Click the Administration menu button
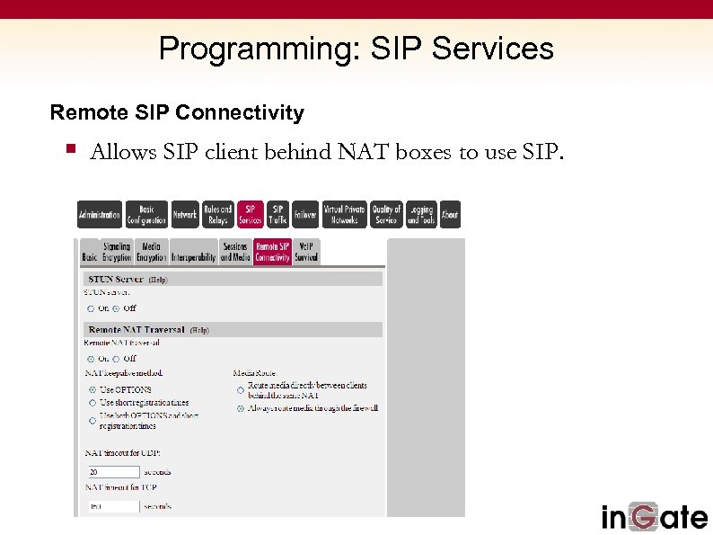(99, 215)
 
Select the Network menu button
(185, 215)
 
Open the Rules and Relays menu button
(217, 215)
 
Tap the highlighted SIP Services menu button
(251, 215)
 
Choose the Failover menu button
(305, 215)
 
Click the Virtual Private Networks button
(344, 215)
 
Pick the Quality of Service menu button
(386, 215)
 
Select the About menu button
(450, 215)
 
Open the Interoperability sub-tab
(194, 257)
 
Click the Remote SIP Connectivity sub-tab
(272, 252)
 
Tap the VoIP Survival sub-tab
(306, 252)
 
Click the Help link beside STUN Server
(157, 280)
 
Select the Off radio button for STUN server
(116, 308)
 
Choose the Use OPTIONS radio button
(92, 389)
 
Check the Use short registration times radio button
(92, 403)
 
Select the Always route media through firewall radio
(240, 408)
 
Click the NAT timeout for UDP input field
(113, 471)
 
